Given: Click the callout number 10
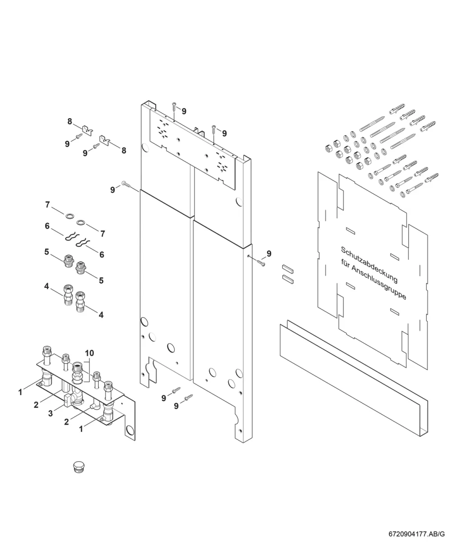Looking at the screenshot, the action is [89, 353].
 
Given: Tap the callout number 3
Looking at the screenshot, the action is [51, 413].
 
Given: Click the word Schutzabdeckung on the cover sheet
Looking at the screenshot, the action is [369, 264].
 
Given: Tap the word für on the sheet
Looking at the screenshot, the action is [345, 263].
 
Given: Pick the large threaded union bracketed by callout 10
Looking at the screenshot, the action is [78, 373].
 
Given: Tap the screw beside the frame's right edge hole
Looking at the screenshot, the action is [261, 263].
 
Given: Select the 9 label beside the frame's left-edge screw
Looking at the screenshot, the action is [112, 190].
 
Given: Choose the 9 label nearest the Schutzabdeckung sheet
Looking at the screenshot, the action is [269, 254].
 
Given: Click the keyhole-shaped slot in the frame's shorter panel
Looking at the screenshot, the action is [152, 371].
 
